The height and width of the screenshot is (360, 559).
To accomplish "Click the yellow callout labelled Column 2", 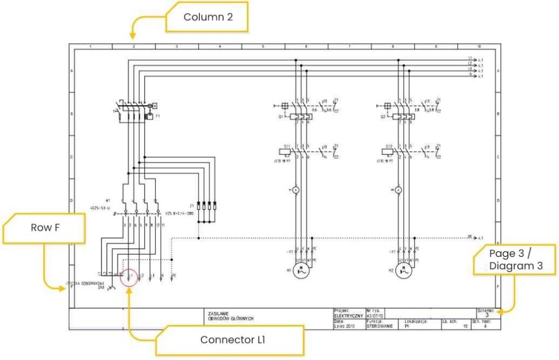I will [x=208, y=17].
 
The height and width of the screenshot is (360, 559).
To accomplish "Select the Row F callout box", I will [x=44, y=228].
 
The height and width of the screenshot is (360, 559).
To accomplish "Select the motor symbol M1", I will [x=300, y=270].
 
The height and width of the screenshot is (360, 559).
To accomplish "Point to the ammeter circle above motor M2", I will [x=399, y=190].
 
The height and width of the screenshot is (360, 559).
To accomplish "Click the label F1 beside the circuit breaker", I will [x=157, y=116].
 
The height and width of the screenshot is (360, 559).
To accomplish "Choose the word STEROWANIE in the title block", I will [x=379, y=327].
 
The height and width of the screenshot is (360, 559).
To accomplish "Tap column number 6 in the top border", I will [x=307, y=47].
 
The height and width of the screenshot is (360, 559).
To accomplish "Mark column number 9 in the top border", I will [x=436, y=47].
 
